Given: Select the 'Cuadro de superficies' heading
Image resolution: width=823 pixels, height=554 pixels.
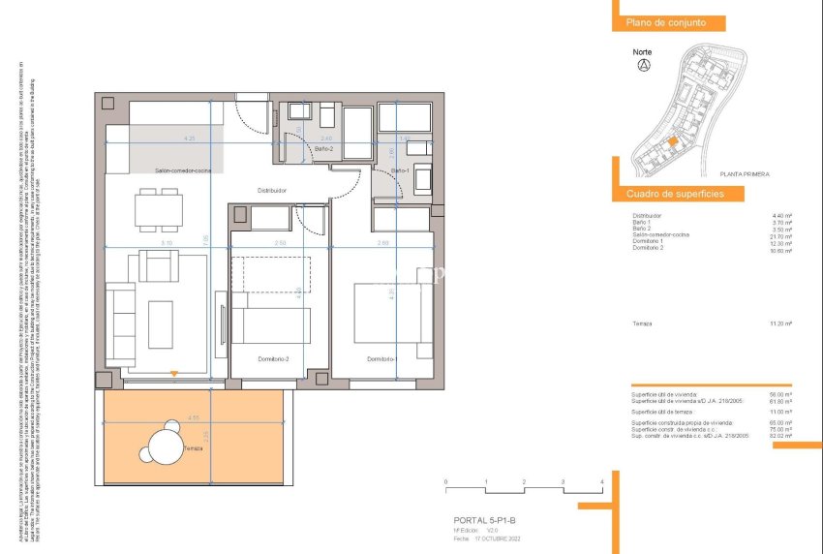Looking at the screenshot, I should [674, 195].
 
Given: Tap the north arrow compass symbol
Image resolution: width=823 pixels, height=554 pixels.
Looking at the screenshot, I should [643, 66].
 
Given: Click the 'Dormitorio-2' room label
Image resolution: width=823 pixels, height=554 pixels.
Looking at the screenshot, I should [273, 359].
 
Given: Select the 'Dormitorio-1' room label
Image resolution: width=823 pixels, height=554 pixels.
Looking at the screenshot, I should [381, 359].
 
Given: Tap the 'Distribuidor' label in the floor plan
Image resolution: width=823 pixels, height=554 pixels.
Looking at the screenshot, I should [271, 190].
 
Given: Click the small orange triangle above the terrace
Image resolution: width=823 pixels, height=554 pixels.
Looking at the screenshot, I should [173, 373].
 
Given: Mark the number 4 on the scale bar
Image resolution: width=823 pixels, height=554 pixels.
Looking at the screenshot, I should [601, 481].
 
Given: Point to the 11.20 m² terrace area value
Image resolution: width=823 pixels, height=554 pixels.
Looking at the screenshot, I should [781, 323].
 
